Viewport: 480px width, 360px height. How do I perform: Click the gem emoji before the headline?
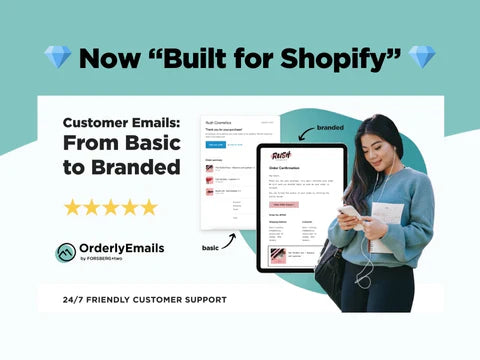tap(58, 57)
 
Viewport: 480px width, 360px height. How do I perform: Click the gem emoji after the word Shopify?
tap(422, 57)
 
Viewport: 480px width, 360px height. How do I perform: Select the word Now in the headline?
tap(110, 57)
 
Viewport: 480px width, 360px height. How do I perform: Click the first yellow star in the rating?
tap(73, 207)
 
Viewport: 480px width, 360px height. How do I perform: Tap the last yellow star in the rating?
tap(149, 207)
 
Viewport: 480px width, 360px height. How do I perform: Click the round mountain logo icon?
tap(66, 252)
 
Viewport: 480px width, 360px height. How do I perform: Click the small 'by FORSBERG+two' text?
tap(109, 261)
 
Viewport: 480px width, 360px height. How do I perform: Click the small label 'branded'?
tap(330, 129)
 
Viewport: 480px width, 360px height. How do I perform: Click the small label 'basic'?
tap(210, 247)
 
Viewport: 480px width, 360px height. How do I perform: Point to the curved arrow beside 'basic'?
tap(231, 240)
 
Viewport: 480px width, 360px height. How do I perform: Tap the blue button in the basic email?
tap(216, 143)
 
